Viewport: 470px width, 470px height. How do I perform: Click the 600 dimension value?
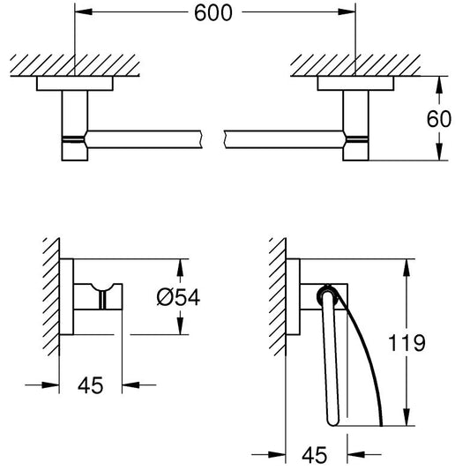213,13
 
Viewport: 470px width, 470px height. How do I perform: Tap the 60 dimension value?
439,119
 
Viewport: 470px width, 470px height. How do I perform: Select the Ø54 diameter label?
178,297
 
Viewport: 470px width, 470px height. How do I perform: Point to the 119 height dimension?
407,343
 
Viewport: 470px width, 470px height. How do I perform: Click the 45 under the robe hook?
90,385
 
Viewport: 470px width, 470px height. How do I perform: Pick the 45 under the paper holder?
314,455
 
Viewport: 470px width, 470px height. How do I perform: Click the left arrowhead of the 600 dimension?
83,12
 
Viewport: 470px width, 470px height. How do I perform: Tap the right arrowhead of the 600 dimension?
347,12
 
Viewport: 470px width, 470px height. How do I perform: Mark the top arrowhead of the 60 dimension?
439,86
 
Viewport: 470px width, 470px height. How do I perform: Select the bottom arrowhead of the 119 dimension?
407,416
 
